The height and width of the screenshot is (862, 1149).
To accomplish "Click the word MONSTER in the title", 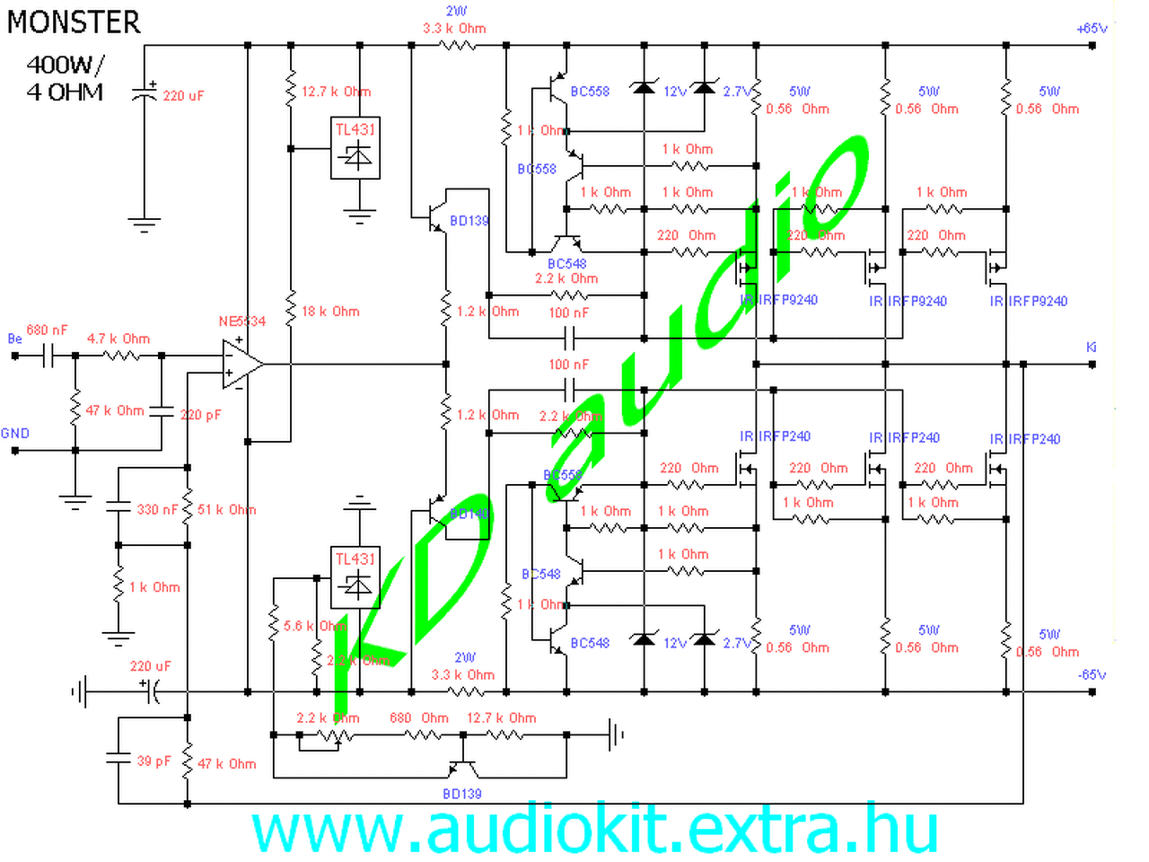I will click(x=74, y=22).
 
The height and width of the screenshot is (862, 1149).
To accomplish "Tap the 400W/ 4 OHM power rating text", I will click(x=65, y=78).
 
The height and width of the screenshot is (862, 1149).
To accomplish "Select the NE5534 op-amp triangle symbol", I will click(x=241, y=364).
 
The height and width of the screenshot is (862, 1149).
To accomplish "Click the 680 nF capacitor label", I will click(x=47, y=330).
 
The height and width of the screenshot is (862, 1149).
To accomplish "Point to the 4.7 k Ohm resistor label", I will click(x=118, y=339).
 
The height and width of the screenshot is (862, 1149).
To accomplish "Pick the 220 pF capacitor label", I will click(x=200, y=415).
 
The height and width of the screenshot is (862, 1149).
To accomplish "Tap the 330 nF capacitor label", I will click(x=157, y=509).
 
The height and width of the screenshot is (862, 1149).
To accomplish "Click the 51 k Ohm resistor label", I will click(x=226, y=509).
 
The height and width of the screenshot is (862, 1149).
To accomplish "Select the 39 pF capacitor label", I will click(x=153, y=761).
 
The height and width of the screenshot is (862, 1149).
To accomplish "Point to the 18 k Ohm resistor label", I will click(x=330, y=312).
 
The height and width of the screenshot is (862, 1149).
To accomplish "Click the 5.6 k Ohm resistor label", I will click(x=314, y=626).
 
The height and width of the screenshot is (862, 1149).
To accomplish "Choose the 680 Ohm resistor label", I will click(x=419, y=718).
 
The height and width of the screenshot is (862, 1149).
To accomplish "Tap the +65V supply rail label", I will click(x=1092, y=28).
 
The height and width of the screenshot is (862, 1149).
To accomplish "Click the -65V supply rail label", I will click(x=1092, y=674).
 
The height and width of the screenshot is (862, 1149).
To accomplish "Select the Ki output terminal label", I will click(x=1092, y=347).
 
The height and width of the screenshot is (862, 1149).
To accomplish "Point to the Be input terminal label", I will click(x=14, y=339).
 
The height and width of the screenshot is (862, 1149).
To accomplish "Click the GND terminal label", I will click(x=15, y=433).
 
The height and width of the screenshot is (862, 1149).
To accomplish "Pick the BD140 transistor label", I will click(x=469, y=514).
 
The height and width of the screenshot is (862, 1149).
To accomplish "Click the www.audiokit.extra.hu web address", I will click(x=594, y=830).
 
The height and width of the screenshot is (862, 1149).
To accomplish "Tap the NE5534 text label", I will click(x=242, y=321).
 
